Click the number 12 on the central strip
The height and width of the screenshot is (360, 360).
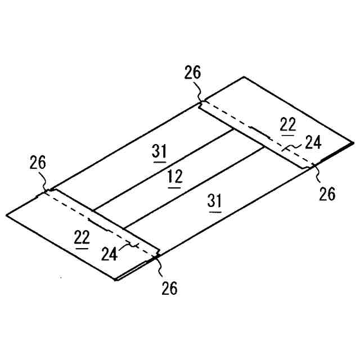click(175, 177)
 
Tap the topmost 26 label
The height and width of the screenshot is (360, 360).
click(192, 73)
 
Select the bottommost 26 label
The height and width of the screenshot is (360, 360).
click(169, 289)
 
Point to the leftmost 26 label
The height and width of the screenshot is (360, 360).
click(38, 164)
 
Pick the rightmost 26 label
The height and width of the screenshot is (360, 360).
click(327, 194)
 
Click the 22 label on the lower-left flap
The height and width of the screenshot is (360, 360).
click(82, 237)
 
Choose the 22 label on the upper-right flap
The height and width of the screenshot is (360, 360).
click(287, 125)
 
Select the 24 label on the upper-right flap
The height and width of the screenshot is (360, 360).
click(313, 143)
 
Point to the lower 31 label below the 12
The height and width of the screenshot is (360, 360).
click(215, 202)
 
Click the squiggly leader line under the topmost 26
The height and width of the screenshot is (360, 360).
click(199, 92)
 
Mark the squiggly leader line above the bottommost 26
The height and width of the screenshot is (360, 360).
click(160, 268)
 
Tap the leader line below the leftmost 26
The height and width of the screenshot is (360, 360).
click(45, 182)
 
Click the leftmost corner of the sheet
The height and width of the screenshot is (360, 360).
click(7, 214)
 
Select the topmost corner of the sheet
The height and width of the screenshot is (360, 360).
click(244, 76)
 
